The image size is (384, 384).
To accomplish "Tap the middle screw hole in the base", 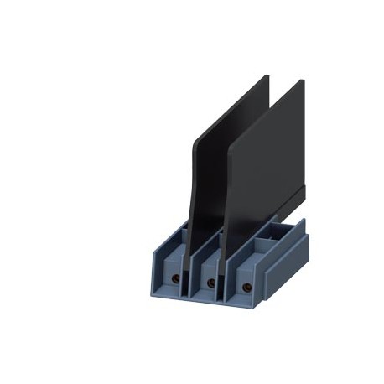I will [x=210, y=283].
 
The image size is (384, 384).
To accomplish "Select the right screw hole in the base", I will [x=246, y=287].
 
